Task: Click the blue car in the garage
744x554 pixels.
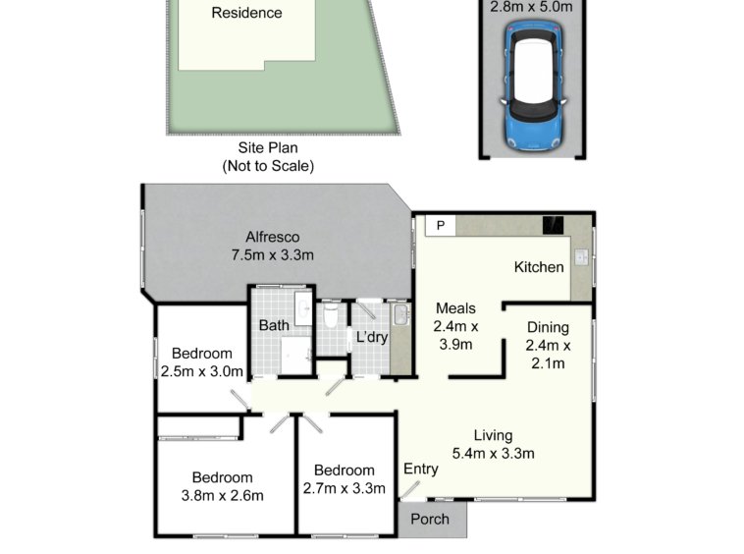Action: [533, 84]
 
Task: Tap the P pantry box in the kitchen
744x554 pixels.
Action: [441, 226]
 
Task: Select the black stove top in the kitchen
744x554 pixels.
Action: [554, 225]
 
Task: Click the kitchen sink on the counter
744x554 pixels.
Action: [582, 256]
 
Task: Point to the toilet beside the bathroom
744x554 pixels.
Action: [331, 315]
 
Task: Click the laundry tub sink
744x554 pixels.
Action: [400, 314]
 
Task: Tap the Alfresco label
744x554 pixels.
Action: [272, 237]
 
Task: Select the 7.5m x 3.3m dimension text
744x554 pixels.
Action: [272, 255]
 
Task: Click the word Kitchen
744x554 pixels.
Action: [539, 267]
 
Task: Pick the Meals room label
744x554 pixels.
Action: [455, 308]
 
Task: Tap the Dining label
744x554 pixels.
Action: [548, 327]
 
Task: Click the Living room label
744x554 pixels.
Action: [493, 435]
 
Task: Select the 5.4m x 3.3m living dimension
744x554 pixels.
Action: [493, 454]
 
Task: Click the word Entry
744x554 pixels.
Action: [420, 469]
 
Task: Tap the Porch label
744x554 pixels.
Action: [429, 519]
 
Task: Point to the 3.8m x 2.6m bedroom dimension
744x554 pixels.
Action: [222, 496]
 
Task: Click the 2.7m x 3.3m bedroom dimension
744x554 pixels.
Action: [344, 488]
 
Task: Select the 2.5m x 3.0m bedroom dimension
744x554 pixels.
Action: [201, 371]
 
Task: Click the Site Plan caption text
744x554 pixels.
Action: [268, 147]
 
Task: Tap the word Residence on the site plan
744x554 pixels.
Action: [246, 13]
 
